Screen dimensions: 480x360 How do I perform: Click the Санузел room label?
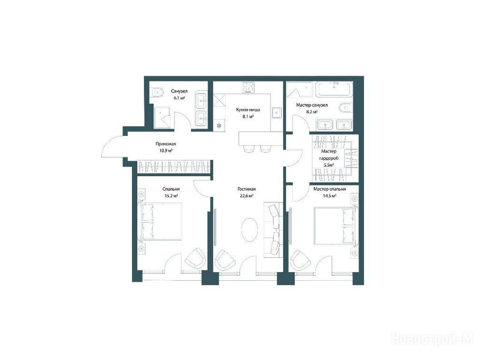click(x=179, y=91)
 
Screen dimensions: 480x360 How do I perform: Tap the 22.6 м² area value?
click(x=247, y=196)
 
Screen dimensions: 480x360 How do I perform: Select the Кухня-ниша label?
click(x=248, y=110)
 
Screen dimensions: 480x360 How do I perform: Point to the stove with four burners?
click(x=248, y=87)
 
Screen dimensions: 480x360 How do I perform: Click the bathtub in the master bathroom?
click(x=334, y=89)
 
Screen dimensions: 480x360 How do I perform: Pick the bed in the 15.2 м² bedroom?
click(x=161, y=221)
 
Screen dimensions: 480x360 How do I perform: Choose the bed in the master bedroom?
click(x=336, y=225)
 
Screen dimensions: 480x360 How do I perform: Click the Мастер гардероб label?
click(x=329, y=158)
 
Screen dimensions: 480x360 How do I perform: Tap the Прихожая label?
click(x=165, y=143)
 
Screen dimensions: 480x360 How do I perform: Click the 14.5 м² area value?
click(x=330, y=195)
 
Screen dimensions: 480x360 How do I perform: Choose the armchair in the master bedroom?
click(x=300, y=260)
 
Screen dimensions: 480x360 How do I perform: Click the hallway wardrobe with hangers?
click(x=174, y=167)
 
